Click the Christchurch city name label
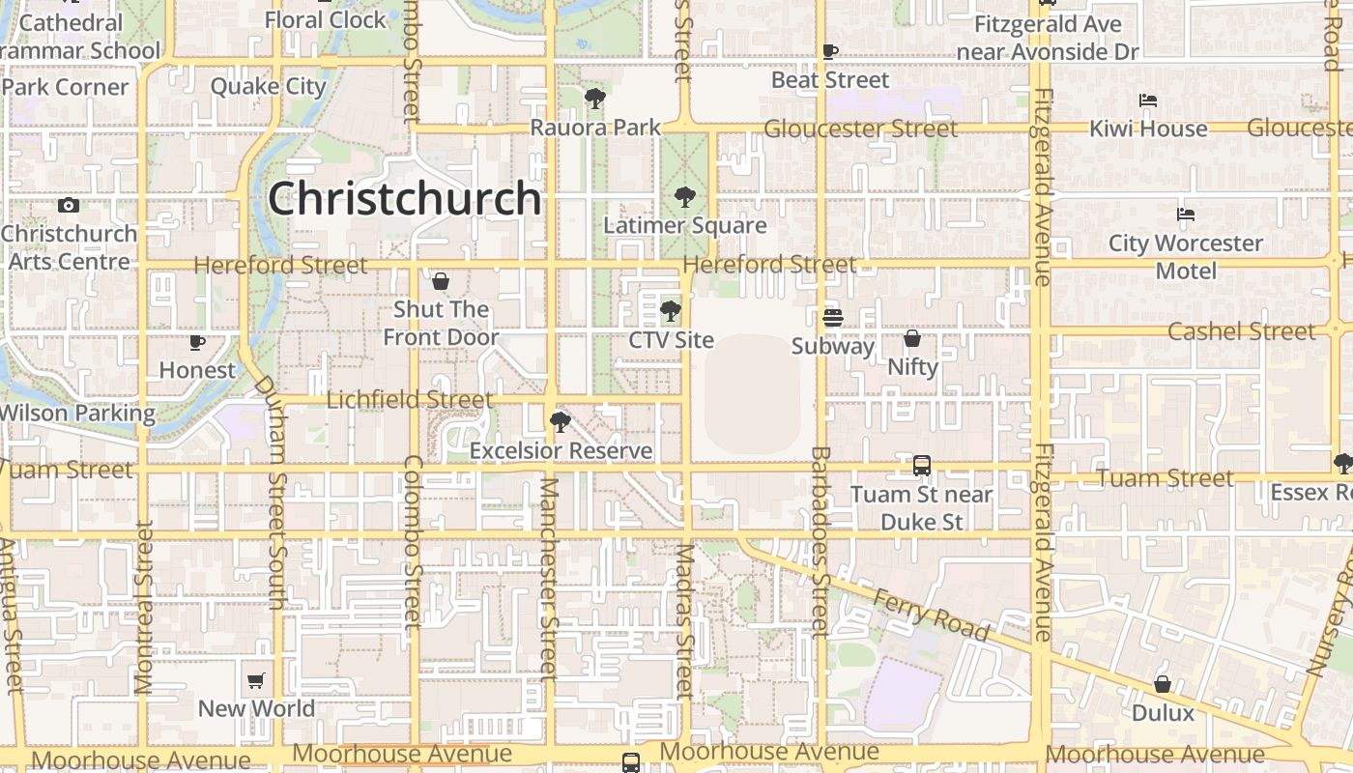coord(404,198)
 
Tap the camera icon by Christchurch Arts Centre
coord(68,205)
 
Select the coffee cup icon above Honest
coord(197,342)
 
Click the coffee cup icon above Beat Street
coord(829,51)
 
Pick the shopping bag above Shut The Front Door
coord(441,281)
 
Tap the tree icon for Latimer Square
coord(684,197)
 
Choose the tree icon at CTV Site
coord(670,311)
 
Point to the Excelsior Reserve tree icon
coord(560,422)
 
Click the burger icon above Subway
coord(832,317)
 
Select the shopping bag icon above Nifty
coord(912,338)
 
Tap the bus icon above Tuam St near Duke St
coord(922,466)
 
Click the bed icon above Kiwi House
coord(1148,100)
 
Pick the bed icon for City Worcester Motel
coord(1186,215)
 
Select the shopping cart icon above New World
coord(256,680)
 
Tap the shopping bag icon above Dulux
coord(1163,684)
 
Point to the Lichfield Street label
coord(410,399)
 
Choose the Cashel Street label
coord(1241,331)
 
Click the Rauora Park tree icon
coord(594,99)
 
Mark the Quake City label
coord(269,86)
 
